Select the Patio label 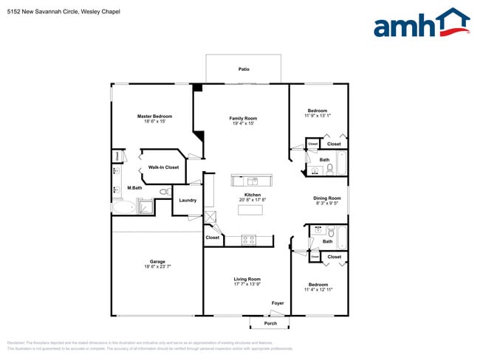(x=244, y=69)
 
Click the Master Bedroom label (x=155, y=116)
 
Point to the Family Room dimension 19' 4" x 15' (x=243, y=124)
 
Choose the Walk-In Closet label (x=163, y=167)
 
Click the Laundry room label (x=188, y=200)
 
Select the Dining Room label (x=327, y=198)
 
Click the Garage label (x=157, y=261)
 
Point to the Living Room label (x=247, y=278)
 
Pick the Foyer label (x=278, y=303)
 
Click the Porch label (x=270, y=323)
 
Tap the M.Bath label (x=134, y=188)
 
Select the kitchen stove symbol (x=249, y=240)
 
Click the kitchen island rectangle (x=250, y=210)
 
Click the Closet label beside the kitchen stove (x=213, y=238)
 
